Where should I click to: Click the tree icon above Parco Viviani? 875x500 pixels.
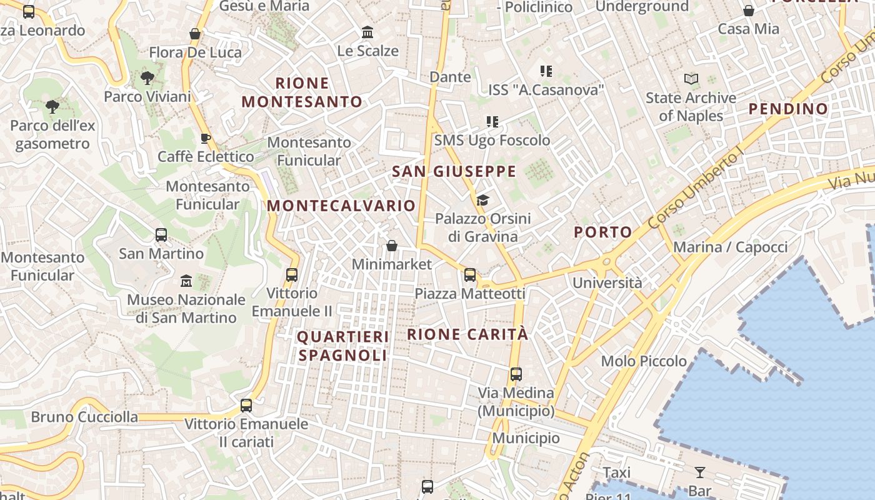pos(147,78)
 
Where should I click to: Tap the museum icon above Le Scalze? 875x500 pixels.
pos(367,32)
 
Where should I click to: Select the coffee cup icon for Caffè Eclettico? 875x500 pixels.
pos(205,138)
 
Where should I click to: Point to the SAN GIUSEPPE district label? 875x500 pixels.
pos(454,171)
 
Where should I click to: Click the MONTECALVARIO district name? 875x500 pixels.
pos(341,206)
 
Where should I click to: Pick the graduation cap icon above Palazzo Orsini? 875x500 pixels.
pos(482,200)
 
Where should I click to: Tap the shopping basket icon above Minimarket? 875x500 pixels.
pos(392,246)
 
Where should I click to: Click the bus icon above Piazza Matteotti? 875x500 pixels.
pos(470,275)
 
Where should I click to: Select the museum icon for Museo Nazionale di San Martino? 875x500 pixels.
pos(186,281)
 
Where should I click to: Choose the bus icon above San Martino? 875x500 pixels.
pos(161,235)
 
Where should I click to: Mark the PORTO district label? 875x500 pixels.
pos(603,232)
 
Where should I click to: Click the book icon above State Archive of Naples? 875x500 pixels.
pos(691,79)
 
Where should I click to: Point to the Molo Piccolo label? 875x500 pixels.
pos(644,361)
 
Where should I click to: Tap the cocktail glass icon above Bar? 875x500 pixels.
pos(699,472)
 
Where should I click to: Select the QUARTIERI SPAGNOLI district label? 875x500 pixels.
pos(342,346)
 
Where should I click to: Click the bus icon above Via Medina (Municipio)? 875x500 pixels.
pos(516,374)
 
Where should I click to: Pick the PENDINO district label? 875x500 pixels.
pos(788,109)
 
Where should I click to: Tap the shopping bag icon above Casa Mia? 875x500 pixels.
pos(748,11)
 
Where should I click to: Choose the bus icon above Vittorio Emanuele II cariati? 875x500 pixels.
pos(246,406)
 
